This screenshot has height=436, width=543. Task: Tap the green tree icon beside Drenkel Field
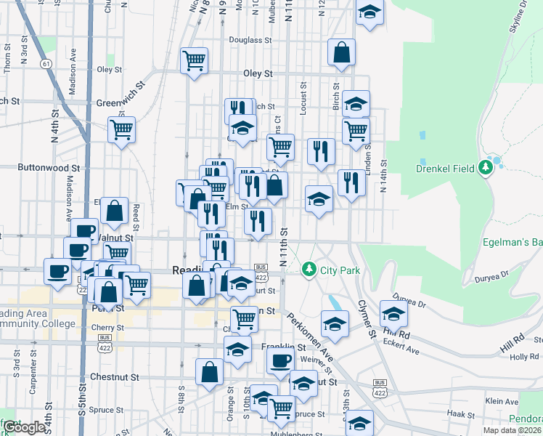tap(486, 169)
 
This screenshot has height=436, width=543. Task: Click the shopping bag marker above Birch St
tap(341, 52)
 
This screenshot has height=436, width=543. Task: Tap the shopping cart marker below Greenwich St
tap(122, 130)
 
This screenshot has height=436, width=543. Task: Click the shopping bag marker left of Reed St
tap(115, 211)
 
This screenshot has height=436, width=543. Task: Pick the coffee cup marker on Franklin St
tap(279, 360)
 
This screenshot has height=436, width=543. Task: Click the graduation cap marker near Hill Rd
tap(393, 314)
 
